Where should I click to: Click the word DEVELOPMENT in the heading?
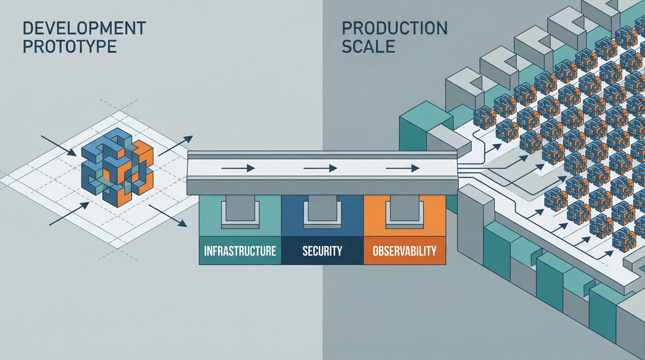(x=84, y=28)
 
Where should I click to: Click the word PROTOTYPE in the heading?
(x=69, y=47)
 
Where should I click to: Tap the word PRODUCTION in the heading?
(x=394, y=28)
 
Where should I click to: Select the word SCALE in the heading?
(x=368, y=47)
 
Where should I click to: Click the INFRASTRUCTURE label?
(x=240, y=251)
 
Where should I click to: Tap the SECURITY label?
(x=322, y=251)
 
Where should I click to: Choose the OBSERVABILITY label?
(x=404, y=251)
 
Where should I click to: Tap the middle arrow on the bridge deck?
(x=320, y=168)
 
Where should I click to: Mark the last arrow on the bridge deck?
(x=403, y=168)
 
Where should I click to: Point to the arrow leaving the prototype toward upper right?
(x=175, y=146)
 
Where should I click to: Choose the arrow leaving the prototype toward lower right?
(x=167, y=215)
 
